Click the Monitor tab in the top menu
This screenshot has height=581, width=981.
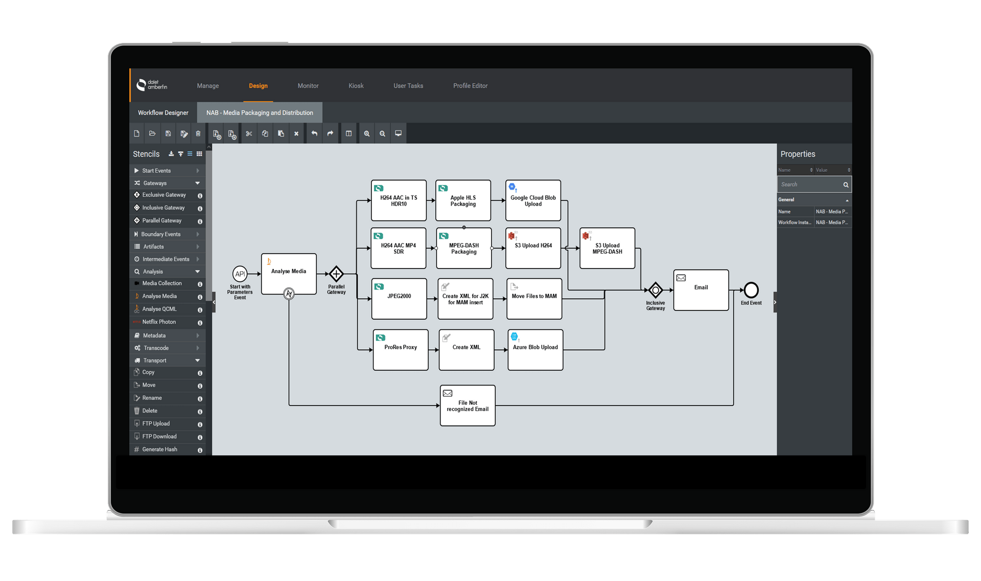308,86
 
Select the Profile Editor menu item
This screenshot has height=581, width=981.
470,86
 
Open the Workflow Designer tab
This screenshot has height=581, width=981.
163,113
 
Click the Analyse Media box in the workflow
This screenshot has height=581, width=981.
289,274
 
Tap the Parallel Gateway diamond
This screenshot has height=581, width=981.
336,274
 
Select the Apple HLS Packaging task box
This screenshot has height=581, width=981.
463,200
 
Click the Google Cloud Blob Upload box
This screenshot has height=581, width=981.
533,200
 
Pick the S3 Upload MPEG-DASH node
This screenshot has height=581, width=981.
607,248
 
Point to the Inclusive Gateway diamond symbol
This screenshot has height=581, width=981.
656,290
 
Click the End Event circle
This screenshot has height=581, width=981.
751,290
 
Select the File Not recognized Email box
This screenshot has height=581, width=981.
468,405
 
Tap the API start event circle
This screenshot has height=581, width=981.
240,274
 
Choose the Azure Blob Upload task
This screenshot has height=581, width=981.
535,350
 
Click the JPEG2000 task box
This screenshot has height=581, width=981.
399,299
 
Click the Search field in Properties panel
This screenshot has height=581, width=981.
810,184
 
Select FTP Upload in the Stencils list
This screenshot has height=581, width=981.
156,424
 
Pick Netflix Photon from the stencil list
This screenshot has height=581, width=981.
159,322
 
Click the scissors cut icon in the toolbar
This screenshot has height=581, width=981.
249,134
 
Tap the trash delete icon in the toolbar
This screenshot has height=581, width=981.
198,134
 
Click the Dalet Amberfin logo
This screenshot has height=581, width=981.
152,85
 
